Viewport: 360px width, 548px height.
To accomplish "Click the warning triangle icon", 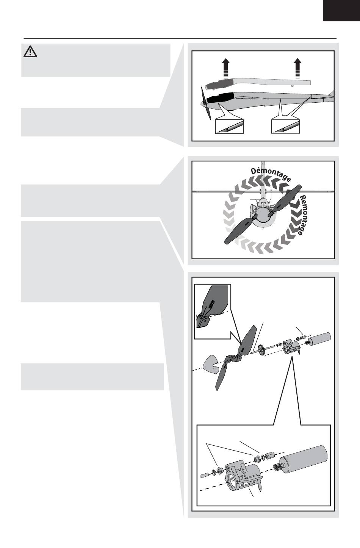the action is coord(30,52).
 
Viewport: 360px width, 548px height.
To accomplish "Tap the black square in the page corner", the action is coord(341,11).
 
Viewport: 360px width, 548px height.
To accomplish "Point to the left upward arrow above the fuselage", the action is coord(226,69).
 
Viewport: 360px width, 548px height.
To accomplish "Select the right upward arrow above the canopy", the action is coord(297,69).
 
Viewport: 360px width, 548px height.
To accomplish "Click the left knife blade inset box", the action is coord(229,126).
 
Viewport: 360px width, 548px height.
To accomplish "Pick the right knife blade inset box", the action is coord(285,126).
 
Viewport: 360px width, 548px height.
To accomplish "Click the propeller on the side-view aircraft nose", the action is coord(206,103).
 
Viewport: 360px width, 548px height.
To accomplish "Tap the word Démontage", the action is coord(271,174).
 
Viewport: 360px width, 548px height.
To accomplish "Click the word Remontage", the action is coord(303,215).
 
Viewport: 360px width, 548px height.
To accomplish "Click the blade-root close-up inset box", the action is coord(213,311).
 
